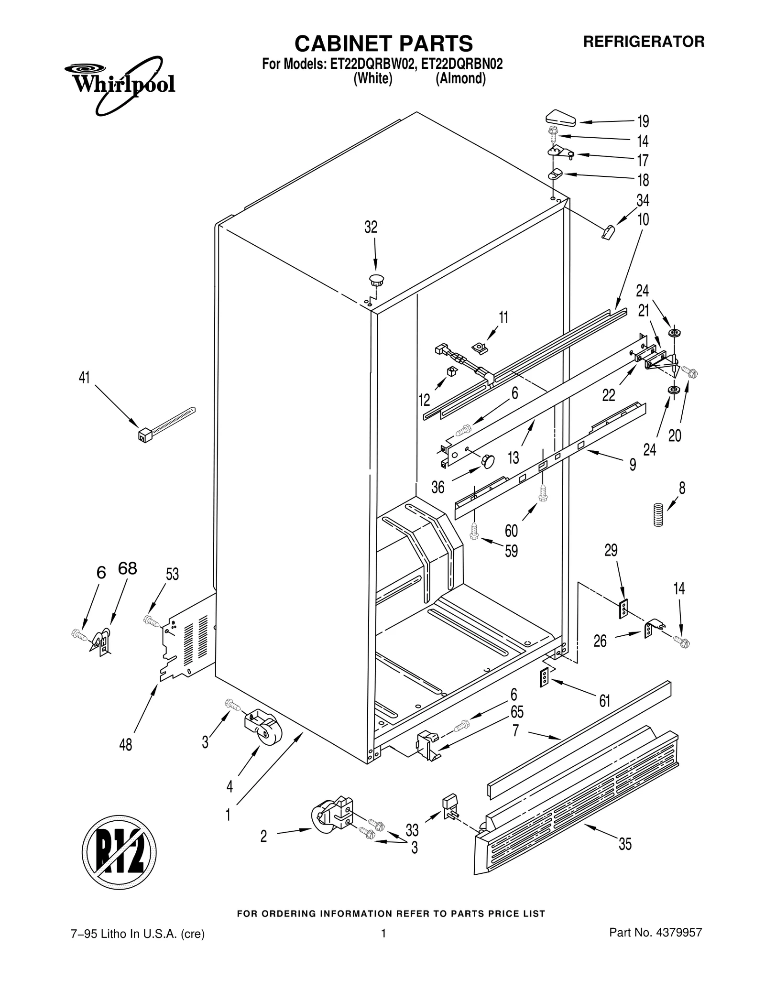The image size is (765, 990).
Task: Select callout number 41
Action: click(x=84, y=377)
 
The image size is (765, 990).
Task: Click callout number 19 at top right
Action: click(x=643, y=121)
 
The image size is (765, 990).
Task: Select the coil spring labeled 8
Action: click(x=659, y=515)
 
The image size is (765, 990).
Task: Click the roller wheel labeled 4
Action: click(x=267, y=731)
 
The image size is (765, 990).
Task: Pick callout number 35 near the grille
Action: click(x=625, y=844)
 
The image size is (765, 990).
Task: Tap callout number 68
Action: click(x=127, y=568)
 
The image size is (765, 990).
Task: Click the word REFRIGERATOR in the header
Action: click(x=644, y=42)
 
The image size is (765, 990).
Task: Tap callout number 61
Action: click(x=605, y=701)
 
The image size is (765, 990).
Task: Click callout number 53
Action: click(x=172, y=574)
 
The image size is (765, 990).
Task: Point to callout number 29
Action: click(x=611, y=550)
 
